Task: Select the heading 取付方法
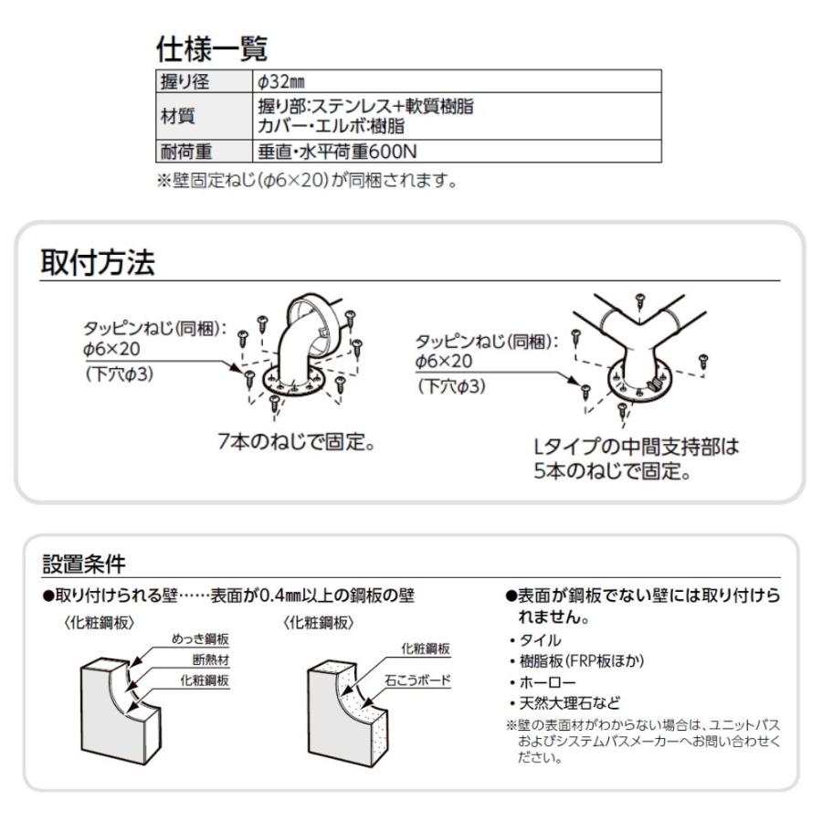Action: pyautogui.click(x=97, y=264)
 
